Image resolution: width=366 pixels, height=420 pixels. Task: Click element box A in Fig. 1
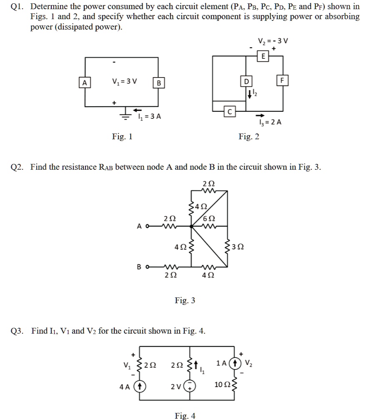coord(85,83)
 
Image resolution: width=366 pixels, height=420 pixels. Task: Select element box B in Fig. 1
coord(158,83)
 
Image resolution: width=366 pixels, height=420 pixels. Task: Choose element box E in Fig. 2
coord(263,57)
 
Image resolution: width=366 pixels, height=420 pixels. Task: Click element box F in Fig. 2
coord(283,80)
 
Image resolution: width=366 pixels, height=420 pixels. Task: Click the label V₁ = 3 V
coord(119,82)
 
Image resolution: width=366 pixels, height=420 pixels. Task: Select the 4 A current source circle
coord(140,386)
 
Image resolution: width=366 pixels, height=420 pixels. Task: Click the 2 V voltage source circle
coord(191,386)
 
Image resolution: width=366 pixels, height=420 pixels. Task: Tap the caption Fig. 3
coord(185,300)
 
